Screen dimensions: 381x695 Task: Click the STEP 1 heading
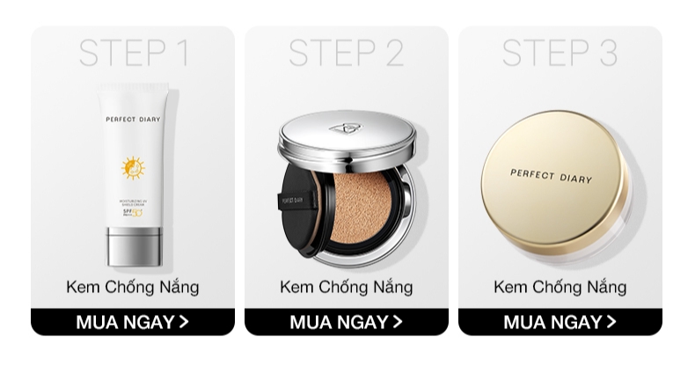(134, 53)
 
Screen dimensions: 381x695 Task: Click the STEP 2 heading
(347, 53)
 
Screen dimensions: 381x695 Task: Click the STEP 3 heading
(560, 53)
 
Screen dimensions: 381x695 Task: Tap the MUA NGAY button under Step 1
(133, 322)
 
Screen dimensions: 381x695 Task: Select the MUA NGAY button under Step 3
(560, 322)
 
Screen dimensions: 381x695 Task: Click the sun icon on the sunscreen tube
(133, 167)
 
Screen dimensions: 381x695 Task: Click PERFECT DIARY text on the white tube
(134, 119)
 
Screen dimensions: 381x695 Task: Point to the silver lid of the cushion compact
(346, 141)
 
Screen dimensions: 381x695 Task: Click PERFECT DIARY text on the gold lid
(552, 175)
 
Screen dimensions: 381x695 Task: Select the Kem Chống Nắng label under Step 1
(133, 288)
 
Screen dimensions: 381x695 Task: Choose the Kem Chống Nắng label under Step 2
(347, 288)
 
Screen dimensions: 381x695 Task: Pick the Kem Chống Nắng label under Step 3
(560, 288)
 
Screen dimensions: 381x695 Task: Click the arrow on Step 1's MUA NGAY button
(184, 322)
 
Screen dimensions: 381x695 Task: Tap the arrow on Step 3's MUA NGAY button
(611, 322)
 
